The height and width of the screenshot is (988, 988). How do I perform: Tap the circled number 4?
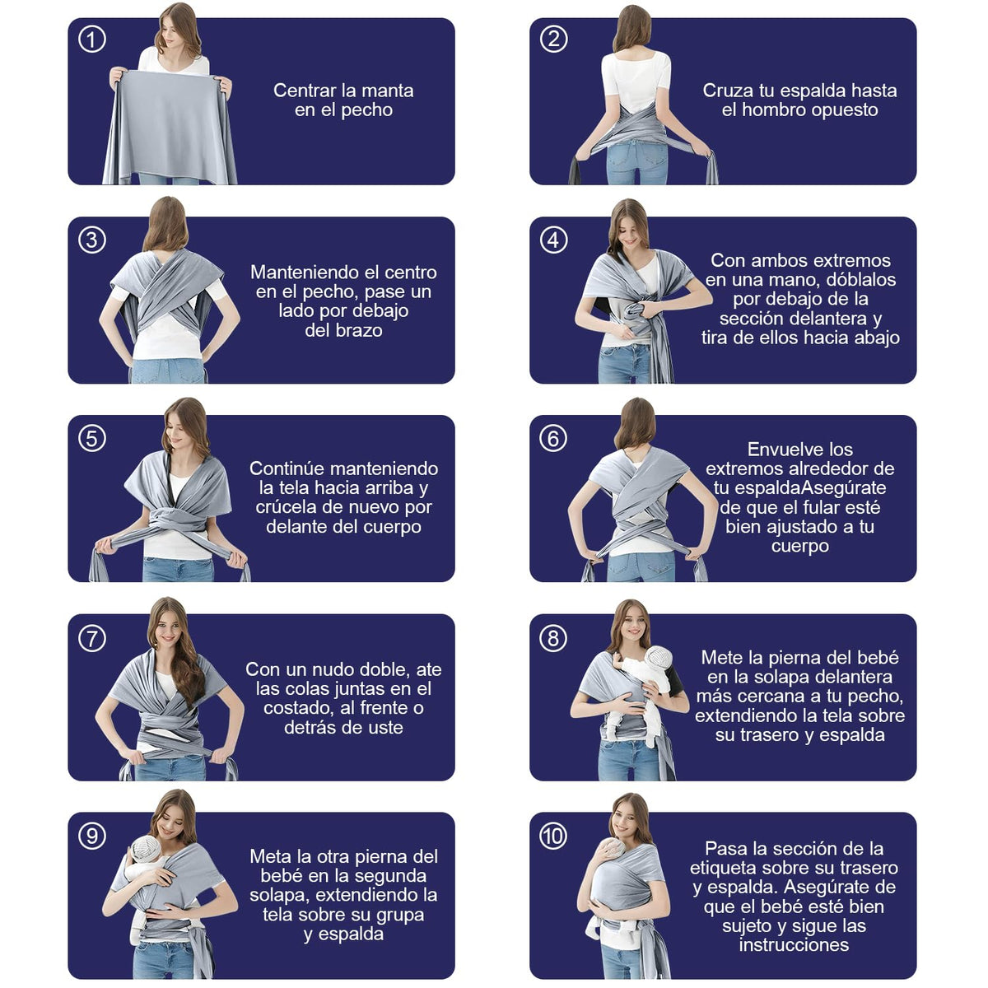(x=554, y=240)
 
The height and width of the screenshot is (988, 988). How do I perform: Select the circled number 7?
(x=92, y=639)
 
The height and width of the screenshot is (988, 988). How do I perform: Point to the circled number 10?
(x=554, y=837)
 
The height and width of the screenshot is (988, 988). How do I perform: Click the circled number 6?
(x=554, y=439)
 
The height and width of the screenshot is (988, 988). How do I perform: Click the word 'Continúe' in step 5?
(x=289, y=468)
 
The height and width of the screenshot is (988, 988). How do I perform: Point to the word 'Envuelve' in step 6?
(x=780, y=450)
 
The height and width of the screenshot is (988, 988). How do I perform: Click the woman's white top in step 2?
(x=636, y=80)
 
